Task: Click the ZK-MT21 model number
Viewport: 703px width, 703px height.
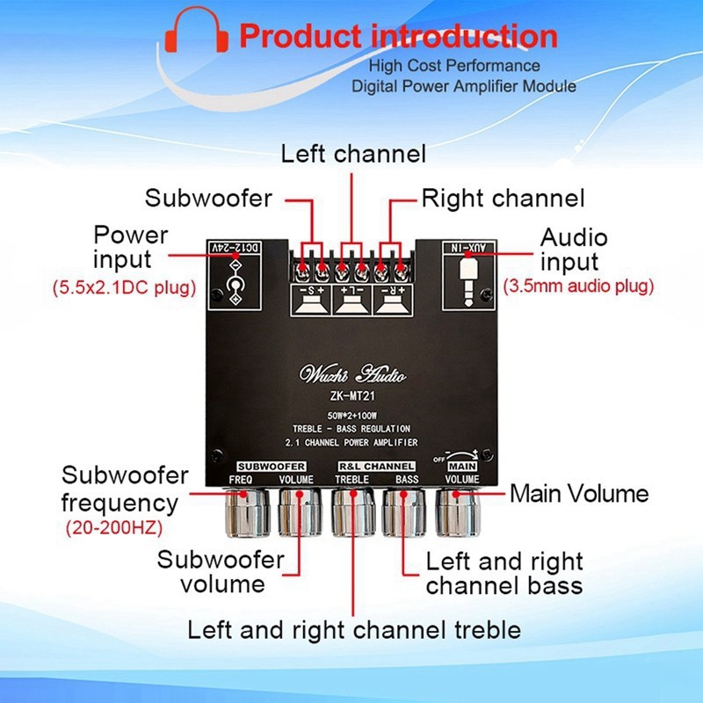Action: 352,395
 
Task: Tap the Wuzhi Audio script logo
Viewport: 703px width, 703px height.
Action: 352,374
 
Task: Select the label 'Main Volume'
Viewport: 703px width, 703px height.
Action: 579,494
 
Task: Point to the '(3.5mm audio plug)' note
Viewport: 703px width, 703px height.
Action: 578,286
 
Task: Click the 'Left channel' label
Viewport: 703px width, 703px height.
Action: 353,155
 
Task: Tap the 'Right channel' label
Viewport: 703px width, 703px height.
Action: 503,198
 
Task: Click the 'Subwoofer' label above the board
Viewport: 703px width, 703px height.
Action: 208,198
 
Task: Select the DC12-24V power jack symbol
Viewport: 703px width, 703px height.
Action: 235,281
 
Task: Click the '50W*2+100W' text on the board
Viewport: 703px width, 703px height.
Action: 352,415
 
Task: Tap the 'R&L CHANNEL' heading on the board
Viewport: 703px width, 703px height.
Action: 376,465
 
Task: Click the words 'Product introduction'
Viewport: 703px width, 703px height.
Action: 398,37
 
